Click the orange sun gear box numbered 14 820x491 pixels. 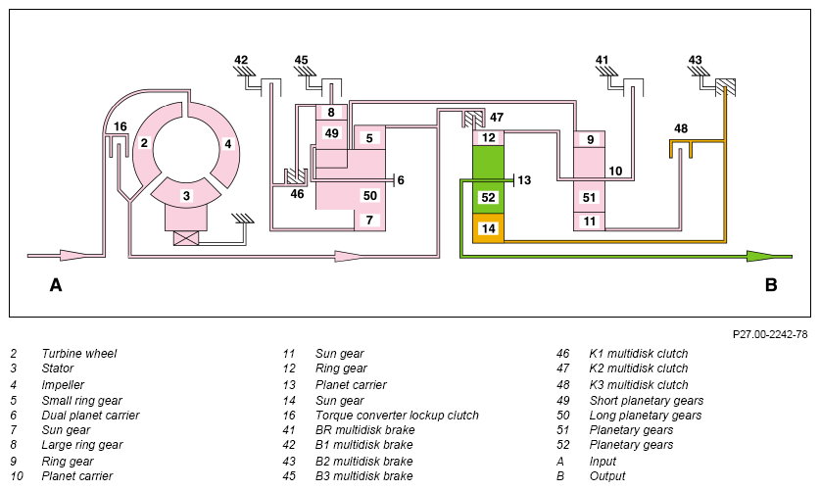coord(489,228)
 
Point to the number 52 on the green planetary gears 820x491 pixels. coord(488,197)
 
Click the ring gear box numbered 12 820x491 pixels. coord(489,137)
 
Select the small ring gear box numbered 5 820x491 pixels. coord(369,138)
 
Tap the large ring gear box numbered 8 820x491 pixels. coord(331,112)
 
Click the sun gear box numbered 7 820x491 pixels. coord(369,221)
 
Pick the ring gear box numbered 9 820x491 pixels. coord(590,139)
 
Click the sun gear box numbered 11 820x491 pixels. coord(590,221)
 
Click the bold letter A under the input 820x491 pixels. coord(56,285)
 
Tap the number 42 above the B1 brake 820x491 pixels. coord(241,60)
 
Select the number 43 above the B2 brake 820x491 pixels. coord(695,60)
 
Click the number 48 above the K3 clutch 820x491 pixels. coord(680,128)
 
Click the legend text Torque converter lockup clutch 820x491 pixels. coord(397,416)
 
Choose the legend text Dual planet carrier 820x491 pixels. coord(90,416)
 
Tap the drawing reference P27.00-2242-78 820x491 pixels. coord(770,334)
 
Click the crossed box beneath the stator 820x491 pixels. coord(186,238)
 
